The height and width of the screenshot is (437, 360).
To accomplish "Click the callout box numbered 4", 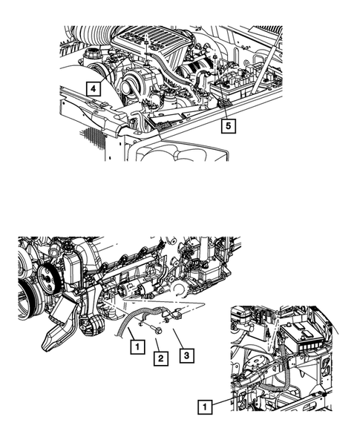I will (92, 88).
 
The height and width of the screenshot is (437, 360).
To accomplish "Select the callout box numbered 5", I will (230, 126).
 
